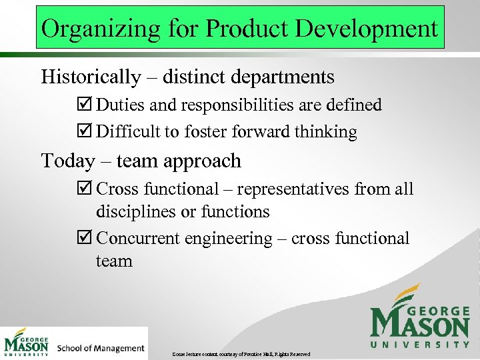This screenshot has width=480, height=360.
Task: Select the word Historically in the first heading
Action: [x=91, y=77]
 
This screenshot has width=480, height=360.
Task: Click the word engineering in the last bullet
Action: [x=232, y=239]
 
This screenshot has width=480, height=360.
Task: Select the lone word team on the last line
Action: [x=114, y=261]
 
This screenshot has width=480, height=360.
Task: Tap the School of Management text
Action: [x=101, y=348]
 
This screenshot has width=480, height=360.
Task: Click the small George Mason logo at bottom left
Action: [x=27, y=343]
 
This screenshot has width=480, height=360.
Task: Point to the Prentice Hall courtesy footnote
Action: [x=241, y=353]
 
